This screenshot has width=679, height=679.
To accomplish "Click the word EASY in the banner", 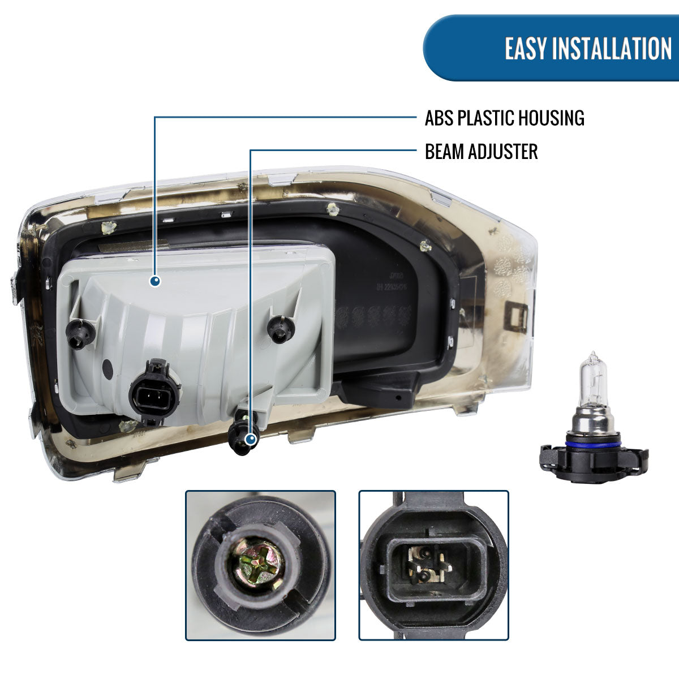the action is pos(526,48).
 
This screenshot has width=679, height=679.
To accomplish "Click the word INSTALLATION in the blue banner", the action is pos(612,48).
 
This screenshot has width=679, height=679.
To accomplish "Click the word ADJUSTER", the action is pos(503,152).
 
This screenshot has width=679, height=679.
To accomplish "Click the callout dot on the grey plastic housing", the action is pos(155,281).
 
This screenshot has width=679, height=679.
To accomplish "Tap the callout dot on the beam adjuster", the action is pos(251,439).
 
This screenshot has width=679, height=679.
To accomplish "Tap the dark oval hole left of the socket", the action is pos(108,368).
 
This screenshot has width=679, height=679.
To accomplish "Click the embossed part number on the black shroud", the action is pos(391,281).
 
